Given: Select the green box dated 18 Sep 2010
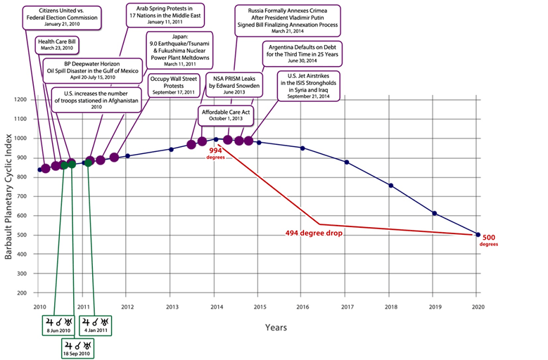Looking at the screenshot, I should tap(76, 349).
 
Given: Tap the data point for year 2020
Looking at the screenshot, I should tap(478, 234).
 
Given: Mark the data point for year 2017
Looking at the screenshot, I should tap(347, 162).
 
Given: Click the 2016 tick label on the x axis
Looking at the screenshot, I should tap(302, 307).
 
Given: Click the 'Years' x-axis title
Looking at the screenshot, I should tap(276, 327).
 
